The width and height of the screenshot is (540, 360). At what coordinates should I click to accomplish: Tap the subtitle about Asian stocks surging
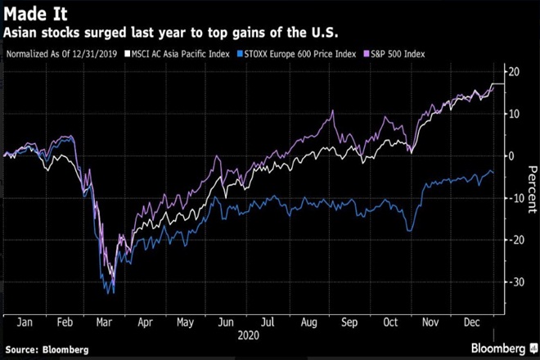pos(171,33)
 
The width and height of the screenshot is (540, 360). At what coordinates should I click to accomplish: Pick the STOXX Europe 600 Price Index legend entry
pos(308,54)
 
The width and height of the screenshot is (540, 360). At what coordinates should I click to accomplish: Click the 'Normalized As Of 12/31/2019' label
pos(62,54)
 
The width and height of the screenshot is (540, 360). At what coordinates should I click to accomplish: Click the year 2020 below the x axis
pos(247,335)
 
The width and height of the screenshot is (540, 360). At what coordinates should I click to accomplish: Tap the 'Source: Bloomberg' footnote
pos(47,349)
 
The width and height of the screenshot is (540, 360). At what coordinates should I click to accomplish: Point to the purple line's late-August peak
pos(332,111)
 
